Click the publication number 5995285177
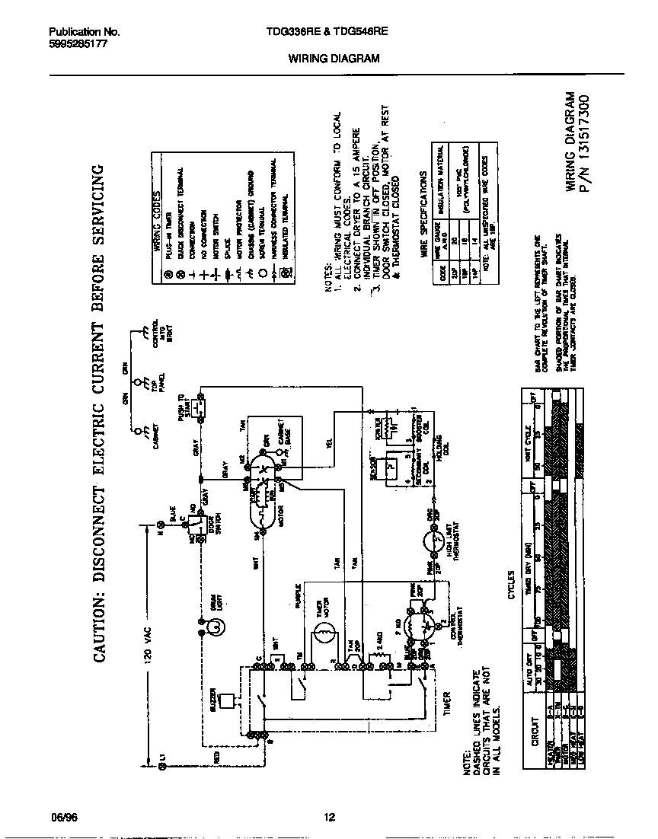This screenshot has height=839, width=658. pyautogui.click(x=78, y=43)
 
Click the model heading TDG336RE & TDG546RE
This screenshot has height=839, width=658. pyautogui.click(x=317, y=32)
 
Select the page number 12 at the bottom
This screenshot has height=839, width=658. pyautogui.click(x=329, y=818)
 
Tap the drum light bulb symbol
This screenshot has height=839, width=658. pyautogui.click(x=216, y=627)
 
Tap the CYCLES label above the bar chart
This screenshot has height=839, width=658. pyautogui.click(x=511, y=585)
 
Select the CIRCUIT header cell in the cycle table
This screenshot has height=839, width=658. pyautogui.click(x=534, y=735)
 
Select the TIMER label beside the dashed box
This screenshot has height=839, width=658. pyautogui.click(x=447, y=707)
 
